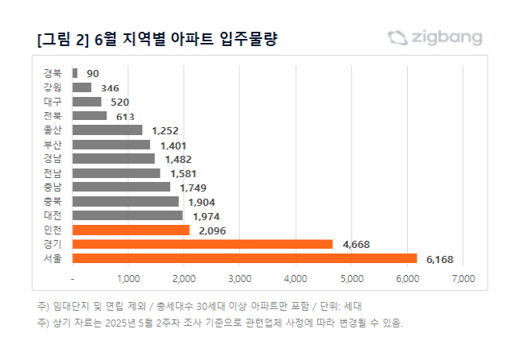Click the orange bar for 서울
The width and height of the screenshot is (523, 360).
pos(245,258)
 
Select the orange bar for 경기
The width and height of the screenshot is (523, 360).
pos(203,244)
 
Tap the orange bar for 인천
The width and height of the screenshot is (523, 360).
pos(131,230)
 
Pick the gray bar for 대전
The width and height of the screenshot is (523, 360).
pos(127,215)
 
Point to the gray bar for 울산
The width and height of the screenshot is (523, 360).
pos(107,130)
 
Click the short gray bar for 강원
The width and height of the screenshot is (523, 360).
pos(82,87)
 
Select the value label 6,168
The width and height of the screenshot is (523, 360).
pos(439,259)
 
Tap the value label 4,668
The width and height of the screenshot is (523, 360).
pos(355,245)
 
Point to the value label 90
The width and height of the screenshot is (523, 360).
pos(93,73)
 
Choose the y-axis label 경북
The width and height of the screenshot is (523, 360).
pos(52,72)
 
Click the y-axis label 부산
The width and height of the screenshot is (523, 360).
pos(52,144)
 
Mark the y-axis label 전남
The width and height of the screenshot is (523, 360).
pos(52,172)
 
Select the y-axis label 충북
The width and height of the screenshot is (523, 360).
pos(52,201)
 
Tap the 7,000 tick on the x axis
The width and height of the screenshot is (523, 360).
pos(463,279)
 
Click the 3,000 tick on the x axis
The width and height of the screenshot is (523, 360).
pos(239,279)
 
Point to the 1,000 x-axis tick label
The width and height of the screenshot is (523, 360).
pos(128,279)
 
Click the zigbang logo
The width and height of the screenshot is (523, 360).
pos(435,37)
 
